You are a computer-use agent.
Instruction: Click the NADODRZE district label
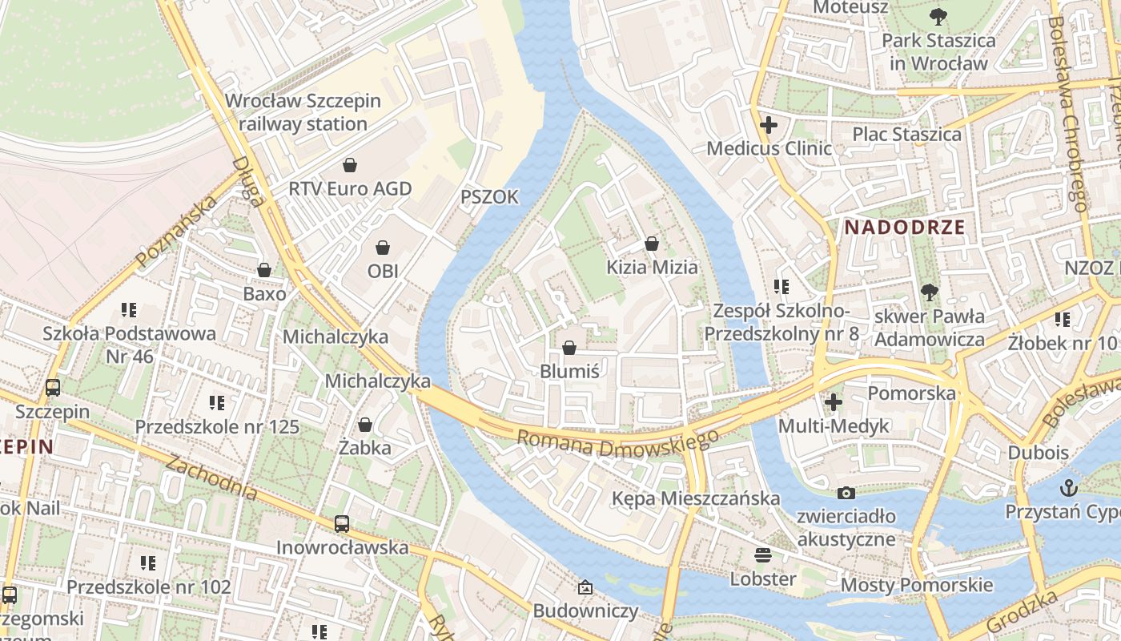coord(905,227)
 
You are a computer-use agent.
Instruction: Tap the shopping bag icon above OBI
coord(383,248)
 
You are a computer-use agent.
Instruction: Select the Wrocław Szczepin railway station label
coord(303,112)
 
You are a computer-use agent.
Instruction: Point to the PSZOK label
coord(489,197)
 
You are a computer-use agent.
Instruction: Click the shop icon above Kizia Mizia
coord(652,244)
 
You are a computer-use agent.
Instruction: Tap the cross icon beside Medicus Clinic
coord(769,125)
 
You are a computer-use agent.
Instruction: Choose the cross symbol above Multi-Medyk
coord(834,402)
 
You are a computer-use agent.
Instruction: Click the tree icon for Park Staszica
coord(938,16)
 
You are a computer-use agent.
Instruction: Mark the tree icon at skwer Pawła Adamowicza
coord(929,292)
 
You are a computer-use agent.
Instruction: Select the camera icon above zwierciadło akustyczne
coord(846,493)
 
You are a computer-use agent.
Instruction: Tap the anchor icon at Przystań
coord(1068,488)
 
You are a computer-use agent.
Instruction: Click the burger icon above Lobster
coord(762,555)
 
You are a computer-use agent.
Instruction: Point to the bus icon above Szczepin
coord(53,388)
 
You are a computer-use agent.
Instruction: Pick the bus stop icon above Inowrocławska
coord(342,524)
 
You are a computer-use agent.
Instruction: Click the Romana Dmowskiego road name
coord(617,442)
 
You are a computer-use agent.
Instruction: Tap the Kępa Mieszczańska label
coord(695,498)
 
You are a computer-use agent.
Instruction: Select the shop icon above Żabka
coord(365,424)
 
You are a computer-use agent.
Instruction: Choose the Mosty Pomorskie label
coord(916,585)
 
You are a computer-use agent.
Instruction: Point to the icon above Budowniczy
coord(585,588)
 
